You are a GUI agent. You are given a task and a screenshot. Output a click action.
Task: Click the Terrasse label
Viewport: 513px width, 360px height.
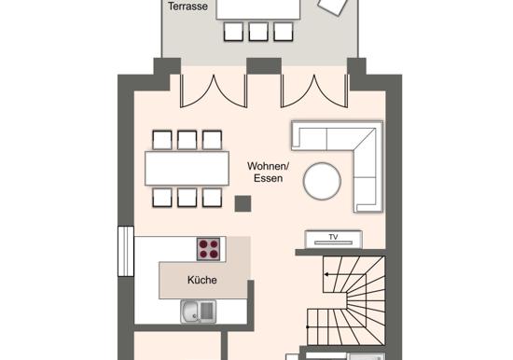pos(187,7)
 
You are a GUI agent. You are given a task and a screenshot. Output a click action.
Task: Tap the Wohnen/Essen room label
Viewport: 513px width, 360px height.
pos(268,173)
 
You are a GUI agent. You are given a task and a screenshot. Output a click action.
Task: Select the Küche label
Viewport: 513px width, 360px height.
pos(202,280)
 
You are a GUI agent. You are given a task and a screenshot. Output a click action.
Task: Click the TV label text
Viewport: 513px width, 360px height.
pos(333,237)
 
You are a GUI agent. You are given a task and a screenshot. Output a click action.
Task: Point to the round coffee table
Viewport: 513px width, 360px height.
pos(322,181)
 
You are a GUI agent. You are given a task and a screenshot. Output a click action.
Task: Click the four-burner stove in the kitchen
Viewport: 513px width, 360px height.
pos(208,249)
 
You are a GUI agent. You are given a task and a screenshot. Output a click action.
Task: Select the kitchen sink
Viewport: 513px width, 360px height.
pos(199,312)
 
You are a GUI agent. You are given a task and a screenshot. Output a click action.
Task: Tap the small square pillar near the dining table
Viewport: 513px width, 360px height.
pos(243,203)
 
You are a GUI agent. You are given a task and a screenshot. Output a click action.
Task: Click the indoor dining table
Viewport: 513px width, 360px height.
pos(187,169)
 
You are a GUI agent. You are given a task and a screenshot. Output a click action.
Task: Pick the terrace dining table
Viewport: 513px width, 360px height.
pos(258,9)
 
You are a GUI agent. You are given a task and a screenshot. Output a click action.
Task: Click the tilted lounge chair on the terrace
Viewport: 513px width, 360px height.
pos(333,6)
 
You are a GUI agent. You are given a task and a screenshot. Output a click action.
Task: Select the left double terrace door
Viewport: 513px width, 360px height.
pos(214,90)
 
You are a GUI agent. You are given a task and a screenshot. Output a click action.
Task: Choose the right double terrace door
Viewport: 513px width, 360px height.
pos(314,90)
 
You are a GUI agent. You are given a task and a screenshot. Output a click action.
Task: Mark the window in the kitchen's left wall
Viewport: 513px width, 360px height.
pos(126,251)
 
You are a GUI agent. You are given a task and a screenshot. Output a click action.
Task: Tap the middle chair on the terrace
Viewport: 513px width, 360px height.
pos(258,32)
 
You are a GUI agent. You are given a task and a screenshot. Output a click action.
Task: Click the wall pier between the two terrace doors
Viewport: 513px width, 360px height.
pos(264,66)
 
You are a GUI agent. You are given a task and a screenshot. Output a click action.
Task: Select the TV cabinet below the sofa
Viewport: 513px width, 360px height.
pos(333,240)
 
